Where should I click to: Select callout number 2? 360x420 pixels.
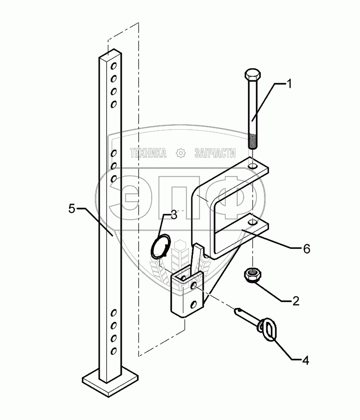[x=295, y=300]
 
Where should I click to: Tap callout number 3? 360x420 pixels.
[x=173, y=215]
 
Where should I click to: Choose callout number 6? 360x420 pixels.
[x=306, y=249]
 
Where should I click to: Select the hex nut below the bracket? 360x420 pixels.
[x=252, y=274]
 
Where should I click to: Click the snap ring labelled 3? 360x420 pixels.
[x=161, y=246]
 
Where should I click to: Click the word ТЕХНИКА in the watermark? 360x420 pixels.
[x=148, y=153]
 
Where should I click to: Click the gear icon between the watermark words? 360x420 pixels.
[x=180, y=153]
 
